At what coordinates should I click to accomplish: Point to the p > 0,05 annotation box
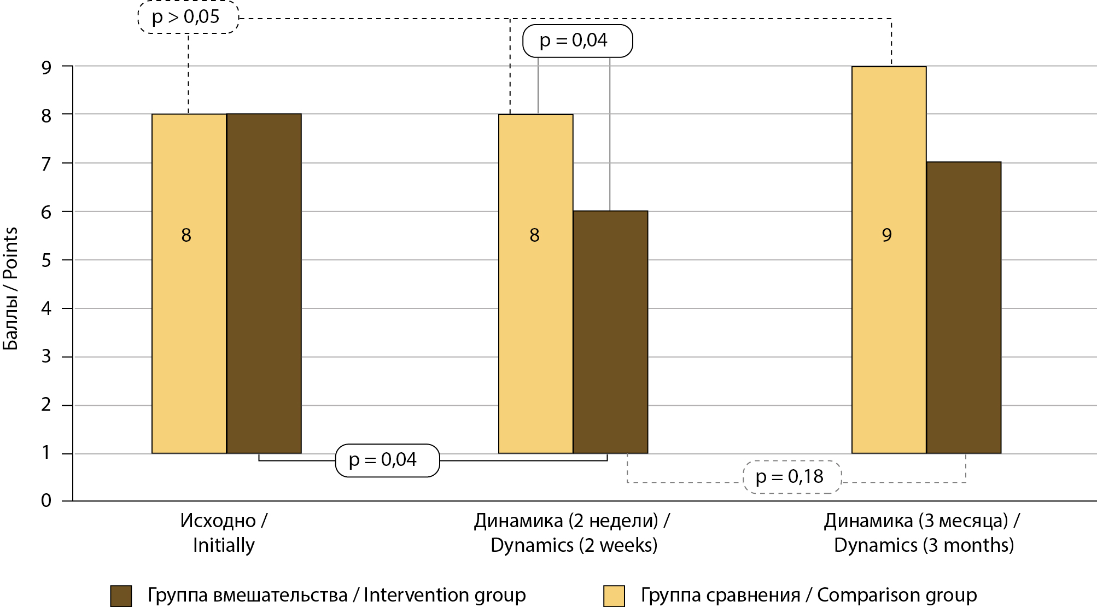[188, 17]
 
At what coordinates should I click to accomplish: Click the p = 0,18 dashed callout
[791, 477]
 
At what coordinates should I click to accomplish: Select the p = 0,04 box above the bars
[577, 40]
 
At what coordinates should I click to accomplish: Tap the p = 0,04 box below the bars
[387, 460]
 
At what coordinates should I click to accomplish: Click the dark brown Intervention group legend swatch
[121, 596]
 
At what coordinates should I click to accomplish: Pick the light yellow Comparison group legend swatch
[614, 596]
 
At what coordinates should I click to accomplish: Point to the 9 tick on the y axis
[46, 67]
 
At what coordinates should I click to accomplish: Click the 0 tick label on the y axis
[46, 500]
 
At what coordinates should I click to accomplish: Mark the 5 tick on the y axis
[46, 260]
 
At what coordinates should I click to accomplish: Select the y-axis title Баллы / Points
[10, 288]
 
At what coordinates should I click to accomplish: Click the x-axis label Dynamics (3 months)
[924, 545]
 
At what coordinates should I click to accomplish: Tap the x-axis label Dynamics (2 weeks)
[574, 545]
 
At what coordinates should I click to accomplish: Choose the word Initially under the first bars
[224, 545]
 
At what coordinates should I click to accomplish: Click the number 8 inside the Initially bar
[186, 235]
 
